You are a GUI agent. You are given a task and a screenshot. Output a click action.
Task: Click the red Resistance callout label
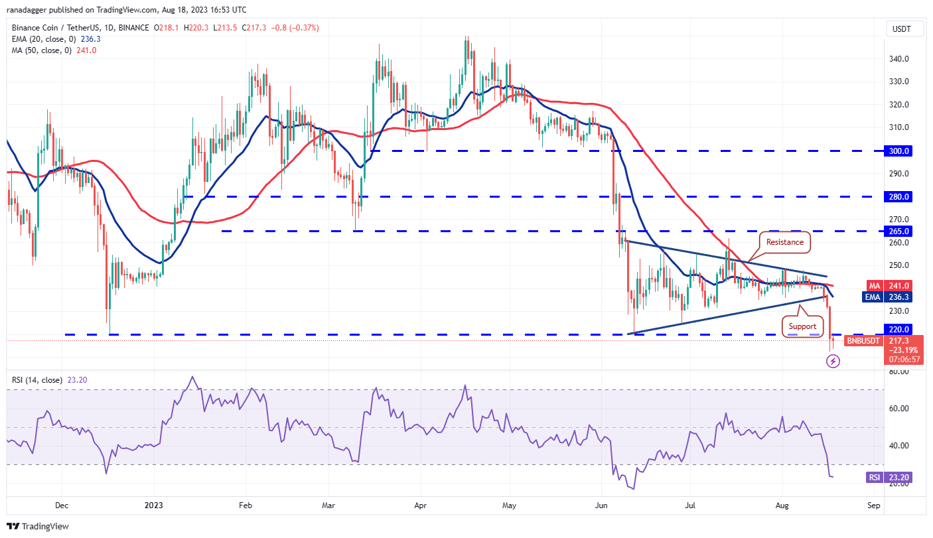coord(785,242)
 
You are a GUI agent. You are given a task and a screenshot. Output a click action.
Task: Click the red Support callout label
coord(802,326)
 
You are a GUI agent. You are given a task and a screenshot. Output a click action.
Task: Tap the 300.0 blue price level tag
coord(900,151)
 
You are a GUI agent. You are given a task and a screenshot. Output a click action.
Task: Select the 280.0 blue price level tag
coord(900,197)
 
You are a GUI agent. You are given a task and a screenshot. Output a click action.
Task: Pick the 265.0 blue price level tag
coord(900,232)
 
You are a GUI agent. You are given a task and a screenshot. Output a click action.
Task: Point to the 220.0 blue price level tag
coord(900,329)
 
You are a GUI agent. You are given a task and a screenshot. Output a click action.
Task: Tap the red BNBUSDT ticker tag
coord(862,341)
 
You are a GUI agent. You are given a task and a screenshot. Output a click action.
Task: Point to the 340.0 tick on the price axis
coord(899,59)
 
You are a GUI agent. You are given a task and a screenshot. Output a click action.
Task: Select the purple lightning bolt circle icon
coord(833,362)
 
